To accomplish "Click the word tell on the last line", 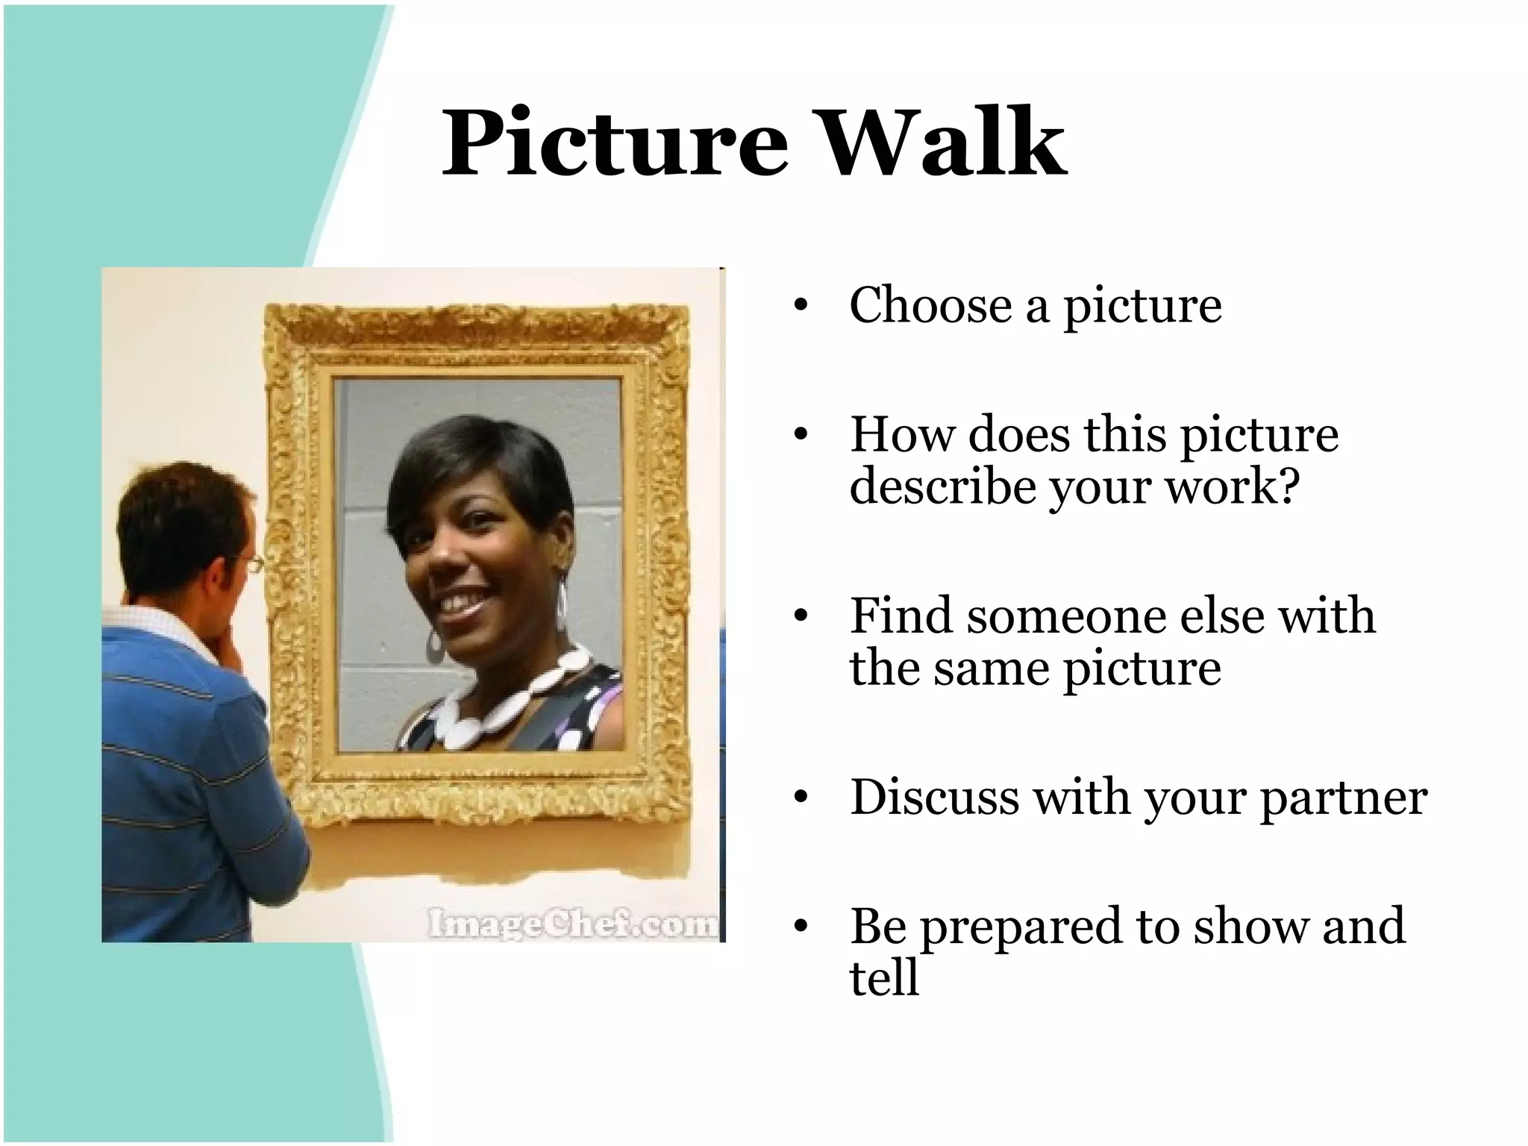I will click(883, 977).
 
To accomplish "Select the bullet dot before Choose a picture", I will click(801, 306).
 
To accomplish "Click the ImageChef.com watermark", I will click(572, 924).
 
